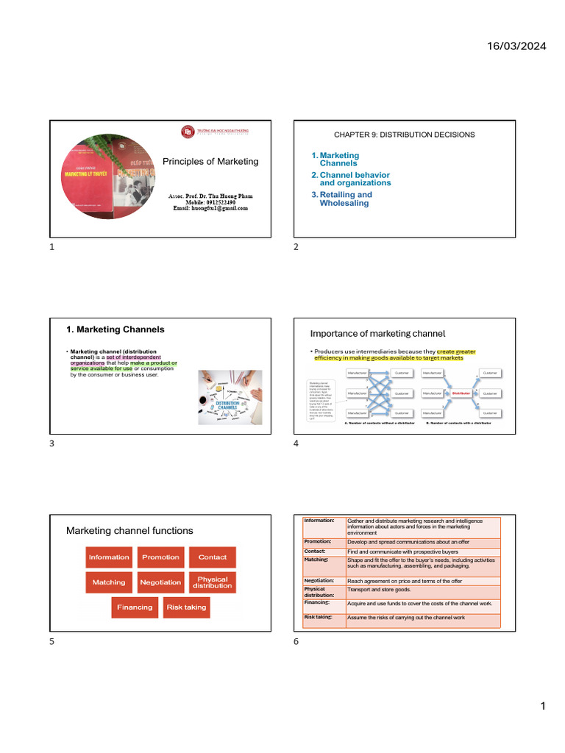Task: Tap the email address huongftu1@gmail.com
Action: pyautogui.click(x=210, y=208)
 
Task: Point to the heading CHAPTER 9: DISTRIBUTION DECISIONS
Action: pyautogui.click(x=404, y=135)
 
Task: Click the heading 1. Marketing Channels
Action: pyautogui.click(x=116, y=329)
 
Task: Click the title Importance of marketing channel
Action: pyautogui.click(x=377, y=334)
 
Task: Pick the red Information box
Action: pyautogui.click(x=109, y=557)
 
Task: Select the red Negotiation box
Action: pyautogui.click(x=160, y=582)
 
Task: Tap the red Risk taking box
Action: pyautogui.click(x=186, y=607)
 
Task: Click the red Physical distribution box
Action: pyautogui.click(x=212, y=582)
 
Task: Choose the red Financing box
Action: pyautogui.click(x=135, y=607)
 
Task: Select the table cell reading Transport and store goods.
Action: pyautogui.click(x=379, y=590)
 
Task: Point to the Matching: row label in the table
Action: pyautogui.click(x=316, y=560)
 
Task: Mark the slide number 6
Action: pyautogui.click(x=296, y=642)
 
